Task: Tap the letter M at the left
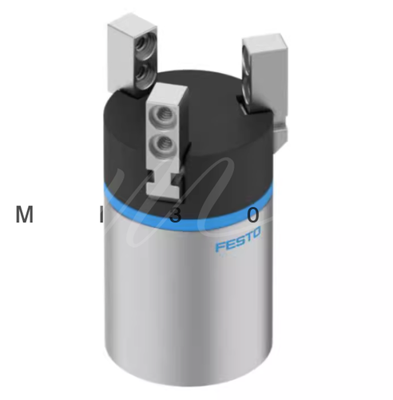(x=25, y=214)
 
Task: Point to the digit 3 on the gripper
(x=175, y=215)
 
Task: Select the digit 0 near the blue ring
(x=252, y=214)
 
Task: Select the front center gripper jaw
(x=166, y=132)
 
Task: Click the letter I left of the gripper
(x=101, y=214)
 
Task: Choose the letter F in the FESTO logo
(x=219, y=246)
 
